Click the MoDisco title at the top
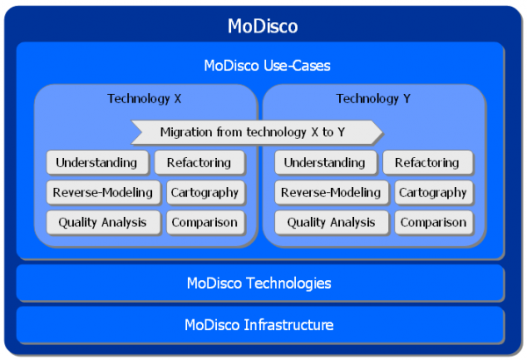(x=263, y=25)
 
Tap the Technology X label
(x=145, y=98)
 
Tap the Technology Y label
(x=373, y=98)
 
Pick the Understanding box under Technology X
(x=97, y=162)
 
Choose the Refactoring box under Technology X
(x=199, y=162)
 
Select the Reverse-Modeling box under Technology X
(x=102, y=192)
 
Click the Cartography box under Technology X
(x=204, y=192)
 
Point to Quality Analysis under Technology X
(x=102, y=222)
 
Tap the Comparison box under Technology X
(x=204, y=222)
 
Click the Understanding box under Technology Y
(x=324, y=162)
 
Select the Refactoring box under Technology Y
(x=427, y=162)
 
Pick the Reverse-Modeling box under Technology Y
(x=330, y=192)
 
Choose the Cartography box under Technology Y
(x=433, y=192)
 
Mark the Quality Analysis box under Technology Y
(x=330, y=222)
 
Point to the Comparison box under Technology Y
(x=433, y=222)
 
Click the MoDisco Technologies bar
(x=259, y=283)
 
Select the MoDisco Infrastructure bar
(x=259, y=325)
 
